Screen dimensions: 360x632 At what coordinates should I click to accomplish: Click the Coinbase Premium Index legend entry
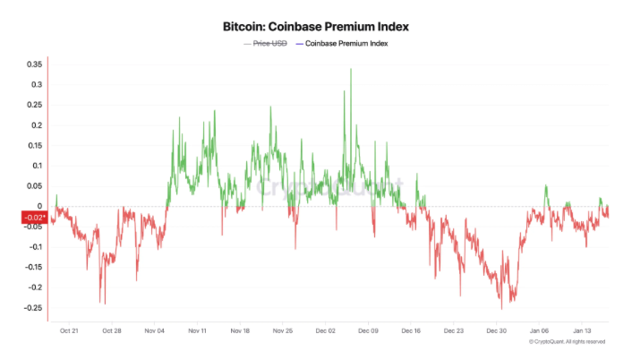(346, 43)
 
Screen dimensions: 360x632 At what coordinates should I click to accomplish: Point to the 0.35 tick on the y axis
(33, 64)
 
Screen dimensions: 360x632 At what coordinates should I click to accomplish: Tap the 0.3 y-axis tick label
(35, 85)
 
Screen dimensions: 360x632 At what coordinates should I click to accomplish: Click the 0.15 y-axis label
(33, 146)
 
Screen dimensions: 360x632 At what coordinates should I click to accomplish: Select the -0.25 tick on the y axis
(31, 308)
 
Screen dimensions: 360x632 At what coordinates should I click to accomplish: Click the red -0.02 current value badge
(33, 218)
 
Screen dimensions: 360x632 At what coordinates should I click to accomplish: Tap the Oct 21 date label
(69, 331)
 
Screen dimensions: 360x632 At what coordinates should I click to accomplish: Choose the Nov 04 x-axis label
(154, 331)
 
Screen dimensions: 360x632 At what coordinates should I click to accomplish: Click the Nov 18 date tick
(239, 331)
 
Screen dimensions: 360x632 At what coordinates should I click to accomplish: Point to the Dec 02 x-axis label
(325, 331)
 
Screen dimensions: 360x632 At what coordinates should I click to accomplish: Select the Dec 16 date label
(410, 331)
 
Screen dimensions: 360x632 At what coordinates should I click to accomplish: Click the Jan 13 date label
(582, 331)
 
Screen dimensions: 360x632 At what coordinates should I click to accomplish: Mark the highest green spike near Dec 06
(351, 69)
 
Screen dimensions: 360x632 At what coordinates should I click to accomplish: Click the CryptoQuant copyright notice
(567, 342)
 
